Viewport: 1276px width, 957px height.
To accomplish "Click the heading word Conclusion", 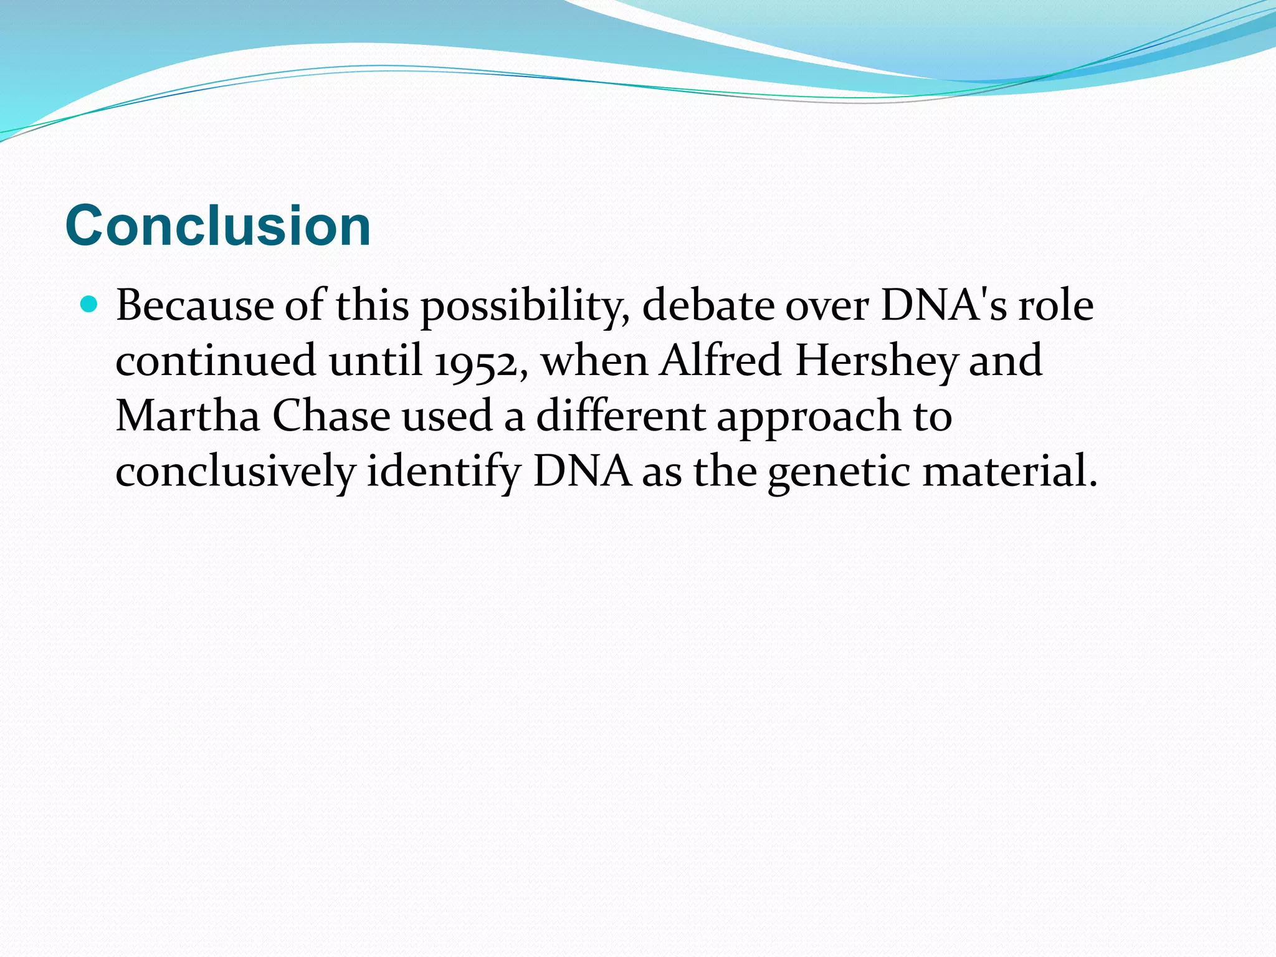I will [x=218, y=226].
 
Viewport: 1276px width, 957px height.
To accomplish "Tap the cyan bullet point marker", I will [x=90, y=305].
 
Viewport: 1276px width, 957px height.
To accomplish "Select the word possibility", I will [x=525, y=307].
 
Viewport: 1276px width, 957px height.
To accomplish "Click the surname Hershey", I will [x=876, y=361].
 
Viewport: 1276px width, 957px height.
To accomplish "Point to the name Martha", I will [x=188, y=416].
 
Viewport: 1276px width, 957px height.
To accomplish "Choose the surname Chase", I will [x=331, y=416].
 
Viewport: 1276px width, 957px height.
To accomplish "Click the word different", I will [x=621, y=416].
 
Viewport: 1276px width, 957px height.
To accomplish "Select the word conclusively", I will [x=235, y=471].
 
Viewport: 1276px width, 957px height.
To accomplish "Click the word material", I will [x=1009, y=471].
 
